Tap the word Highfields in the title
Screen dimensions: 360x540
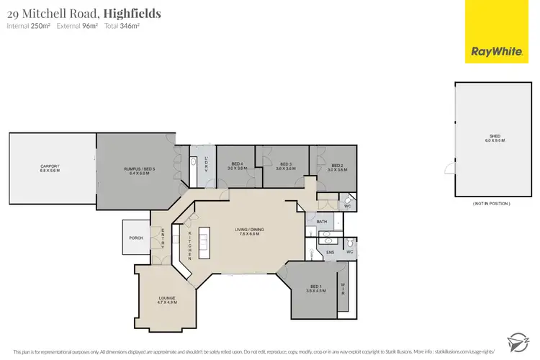(132, 13)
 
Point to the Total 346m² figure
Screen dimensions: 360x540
(122, 27)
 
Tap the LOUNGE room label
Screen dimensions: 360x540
(167, 299)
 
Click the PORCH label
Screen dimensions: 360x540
(135, 238)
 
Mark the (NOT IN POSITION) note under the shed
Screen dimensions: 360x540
(492, 204)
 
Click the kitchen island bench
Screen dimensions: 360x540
(203, 245)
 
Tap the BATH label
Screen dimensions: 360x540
(322, 222)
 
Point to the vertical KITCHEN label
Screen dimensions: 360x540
(189, 245)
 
